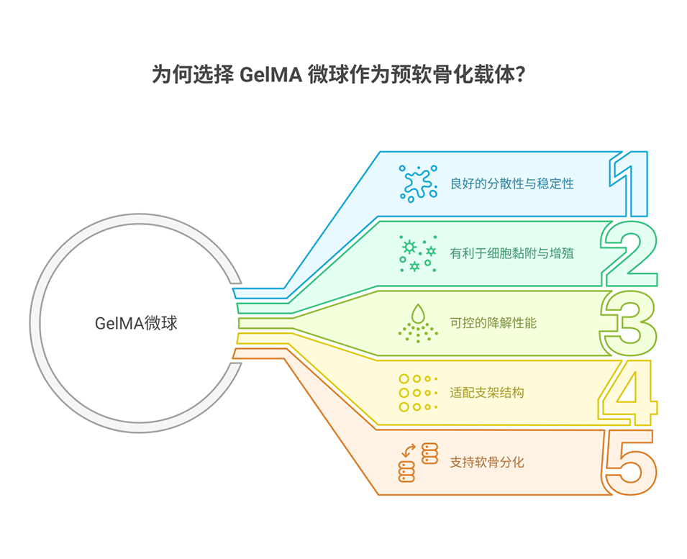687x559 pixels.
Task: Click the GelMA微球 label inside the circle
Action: [x=136, y=323]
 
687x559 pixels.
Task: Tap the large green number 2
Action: [x=630, y=253]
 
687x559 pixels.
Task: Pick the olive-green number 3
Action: [x=629, y=323]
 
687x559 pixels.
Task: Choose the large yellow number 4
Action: [x=629, y=393]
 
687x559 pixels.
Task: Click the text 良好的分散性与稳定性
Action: [x=511, y=183]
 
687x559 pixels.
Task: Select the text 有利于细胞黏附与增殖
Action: [x=511, y=253]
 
